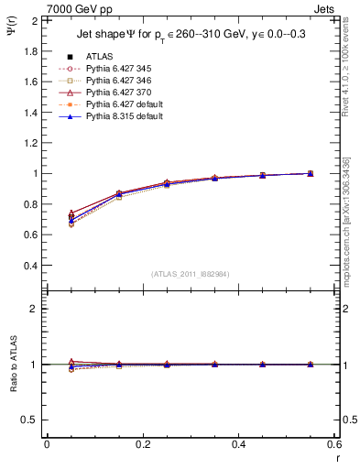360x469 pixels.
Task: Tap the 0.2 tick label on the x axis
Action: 142,443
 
